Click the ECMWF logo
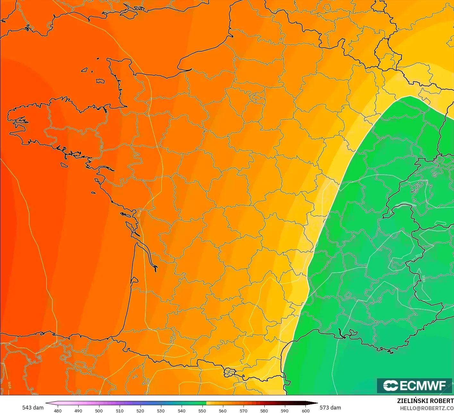[x=415, y=385]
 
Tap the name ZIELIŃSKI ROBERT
[x=425, y=401]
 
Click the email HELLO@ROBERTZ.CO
[x=427, y=408]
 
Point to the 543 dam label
[x=33, y=408]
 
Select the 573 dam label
[x=330, y=408]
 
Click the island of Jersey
[x=100, y=81]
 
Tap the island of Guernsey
[x=85, y=70]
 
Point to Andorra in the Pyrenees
[x=230, y=372]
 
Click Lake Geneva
[x=405, y=205]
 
